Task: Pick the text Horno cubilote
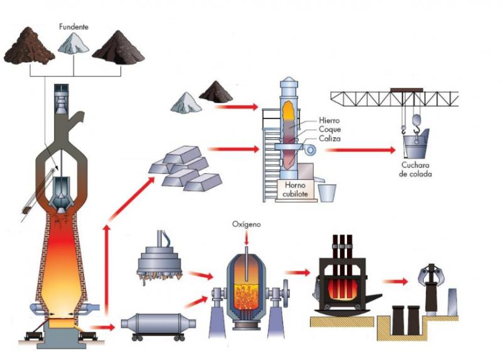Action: pos(295,190)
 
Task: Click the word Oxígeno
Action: pos(246,224)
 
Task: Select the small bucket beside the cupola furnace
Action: pos(326,191)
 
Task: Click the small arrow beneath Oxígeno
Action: pos(246,238)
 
